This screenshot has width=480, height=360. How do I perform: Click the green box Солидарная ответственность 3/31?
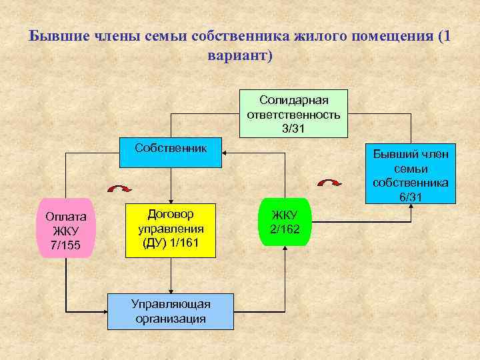294,113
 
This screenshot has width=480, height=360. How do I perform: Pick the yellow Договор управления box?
171,229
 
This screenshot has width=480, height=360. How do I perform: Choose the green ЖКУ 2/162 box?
285,222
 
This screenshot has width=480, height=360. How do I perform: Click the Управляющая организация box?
171,311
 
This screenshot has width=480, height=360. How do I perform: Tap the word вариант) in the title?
241,55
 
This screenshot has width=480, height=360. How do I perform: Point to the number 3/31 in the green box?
294,128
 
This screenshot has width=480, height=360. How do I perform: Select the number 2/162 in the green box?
285,229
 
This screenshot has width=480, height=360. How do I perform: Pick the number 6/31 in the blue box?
411,197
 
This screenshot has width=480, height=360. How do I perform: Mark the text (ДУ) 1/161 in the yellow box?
171,242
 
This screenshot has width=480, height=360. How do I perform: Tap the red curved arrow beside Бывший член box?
329,183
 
